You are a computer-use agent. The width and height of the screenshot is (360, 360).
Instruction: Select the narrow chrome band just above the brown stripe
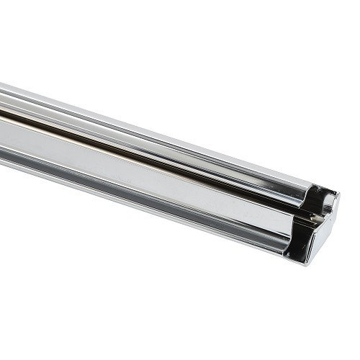[x=108, y=117]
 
